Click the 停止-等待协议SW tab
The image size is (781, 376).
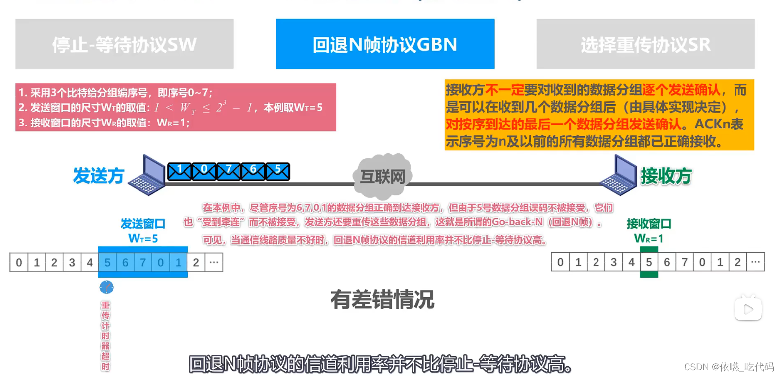tap(124, 44)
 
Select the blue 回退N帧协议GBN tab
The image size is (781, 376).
tap(385, 44)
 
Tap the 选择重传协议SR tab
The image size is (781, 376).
tap(645, 44)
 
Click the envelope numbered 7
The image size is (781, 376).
tap(229, 171)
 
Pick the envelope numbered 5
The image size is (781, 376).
tap(277, 171)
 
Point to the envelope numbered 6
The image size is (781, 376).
tap(253, 171)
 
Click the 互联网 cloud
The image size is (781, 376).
tap(382, 175)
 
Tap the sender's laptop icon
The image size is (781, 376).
tap(147, 175)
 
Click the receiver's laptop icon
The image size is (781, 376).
tap(619, 175)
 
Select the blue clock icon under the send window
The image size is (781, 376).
tap(106, 287)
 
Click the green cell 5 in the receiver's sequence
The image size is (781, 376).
tap(649, 262)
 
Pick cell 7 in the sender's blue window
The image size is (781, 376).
tap(143, 262)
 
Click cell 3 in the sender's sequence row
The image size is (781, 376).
tap(72, 262)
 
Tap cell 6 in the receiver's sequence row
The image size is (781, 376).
tap(667, 262)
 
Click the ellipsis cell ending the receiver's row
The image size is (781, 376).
tap(755, 262)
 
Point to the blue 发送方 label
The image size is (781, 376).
tap(98, 176)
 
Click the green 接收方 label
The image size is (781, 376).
tap(666, 176)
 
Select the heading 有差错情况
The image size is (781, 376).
tap(382, 299)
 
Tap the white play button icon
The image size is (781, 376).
tap(748, 309)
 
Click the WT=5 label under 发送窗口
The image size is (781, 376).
tap(143, 239)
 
